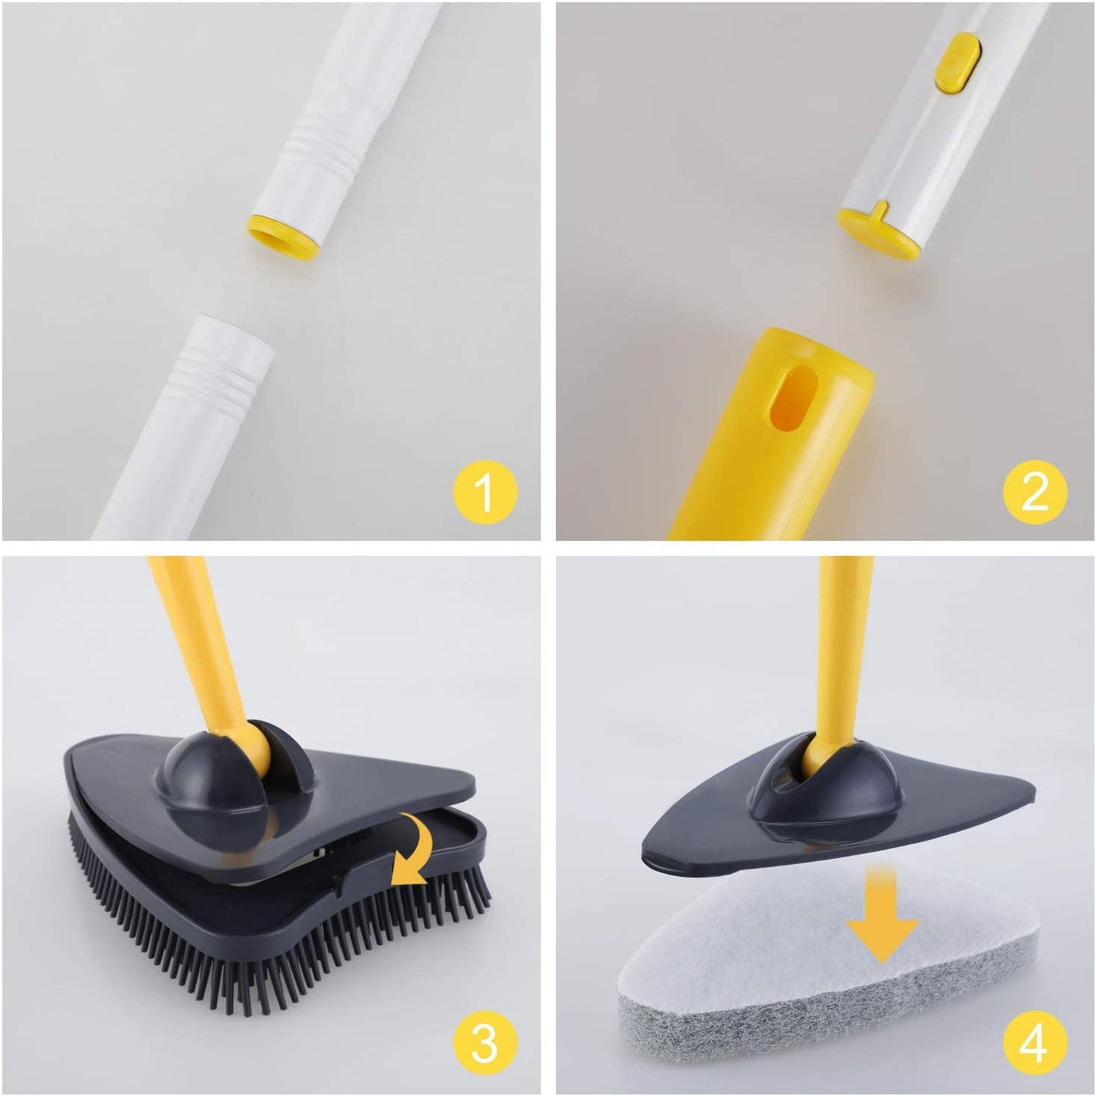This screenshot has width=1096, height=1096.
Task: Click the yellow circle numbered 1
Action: (x=485, y=491)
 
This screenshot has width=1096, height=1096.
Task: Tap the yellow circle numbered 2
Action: (x=1035, y=491)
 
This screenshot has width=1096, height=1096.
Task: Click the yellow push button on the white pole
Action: (x=956, y=62)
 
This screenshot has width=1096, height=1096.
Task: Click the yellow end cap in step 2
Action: (x=880, y=231)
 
